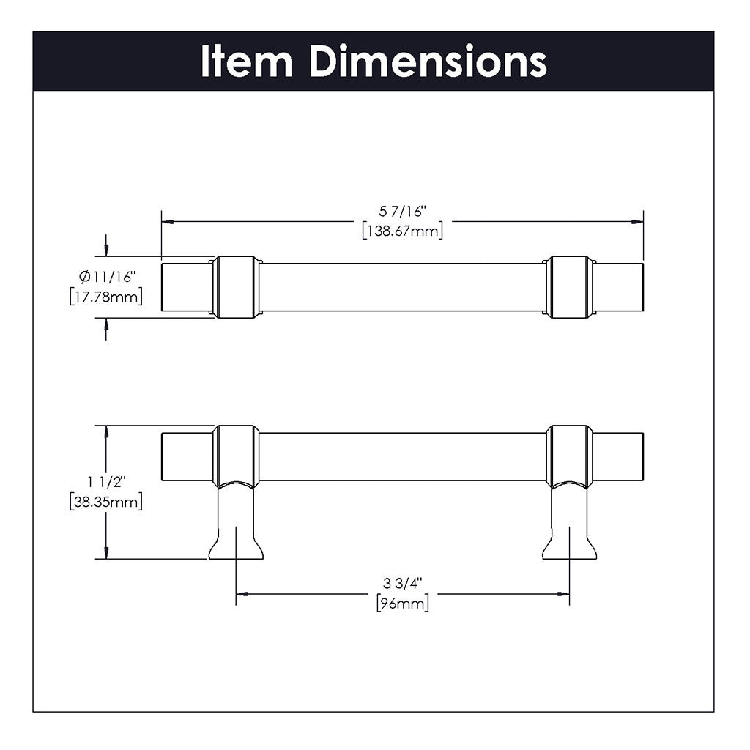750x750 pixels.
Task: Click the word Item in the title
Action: (246, 62)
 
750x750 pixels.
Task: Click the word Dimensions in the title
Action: (428, 62)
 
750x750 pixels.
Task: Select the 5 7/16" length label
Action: (402, 212)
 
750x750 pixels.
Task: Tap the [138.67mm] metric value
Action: (402, 231)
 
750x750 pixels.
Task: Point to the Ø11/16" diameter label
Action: (108, 277)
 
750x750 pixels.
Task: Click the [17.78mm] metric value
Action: (105, 297)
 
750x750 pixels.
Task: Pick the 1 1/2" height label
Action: (106, 482)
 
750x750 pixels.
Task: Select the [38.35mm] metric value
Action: (105, 502)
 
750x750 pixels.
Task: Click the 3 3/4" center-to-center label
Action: (402, 584)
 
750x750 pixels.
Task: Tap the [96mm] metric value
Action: (402, 603)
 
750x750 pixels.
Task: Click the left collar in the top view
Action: (235, 287)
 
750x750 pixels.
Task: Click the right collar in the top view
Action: (569, 287)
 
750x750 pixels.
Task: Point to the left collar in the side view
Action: (235, 454)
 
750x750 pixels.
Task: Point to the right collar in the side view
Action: (569, 454)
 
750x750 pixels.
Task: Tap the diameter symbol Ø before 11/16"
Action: (84, 277)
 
